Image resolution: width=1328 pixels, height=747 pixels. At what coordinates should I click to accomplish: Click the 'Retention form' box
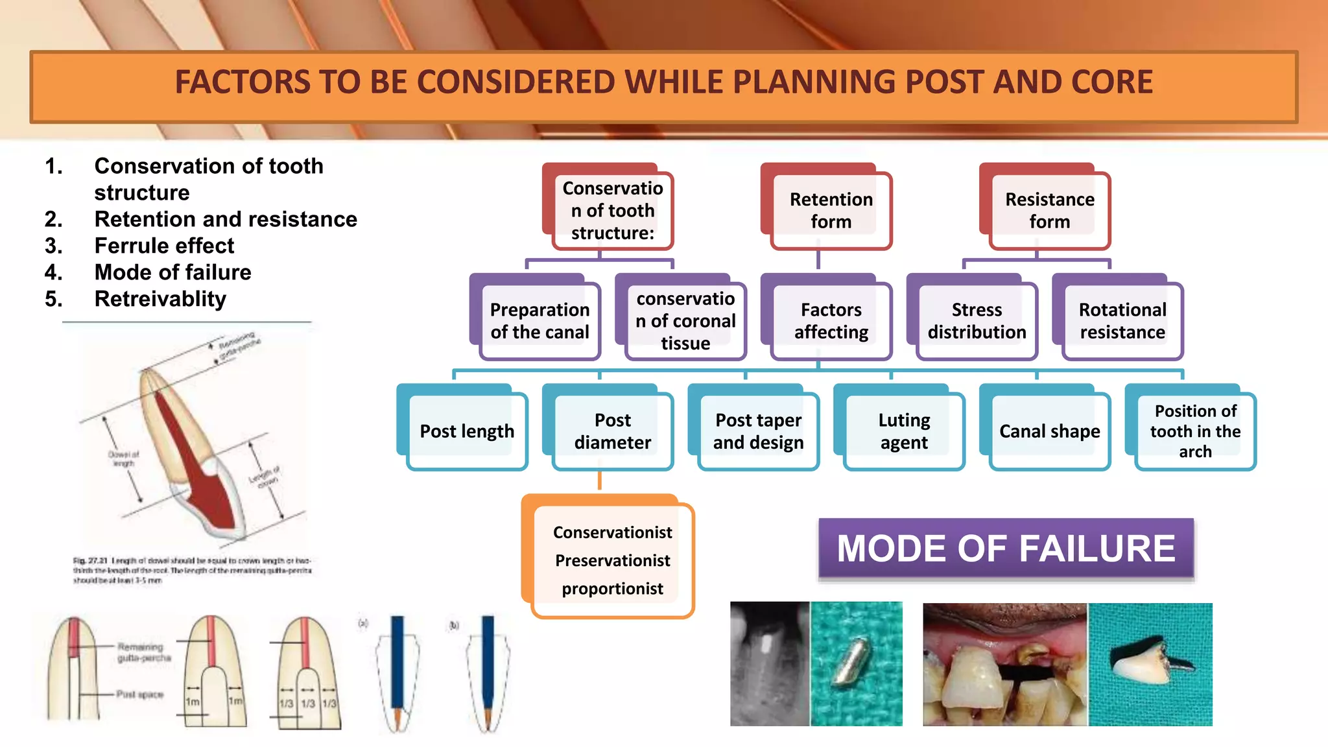(831, 210)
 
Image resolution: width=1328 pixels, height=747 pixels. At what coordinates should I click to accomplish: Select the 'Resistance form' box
(1049, 210)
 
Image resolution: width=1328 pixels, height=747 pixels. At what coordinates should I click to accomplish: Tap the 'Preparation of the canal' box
(539, 321)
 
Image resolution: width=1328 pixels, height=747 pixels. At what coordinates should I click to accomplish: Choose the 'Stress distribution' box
(977, 321)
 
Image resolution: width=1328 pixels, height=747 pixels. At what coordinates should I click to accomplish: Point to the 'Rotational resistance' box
(1122, 321)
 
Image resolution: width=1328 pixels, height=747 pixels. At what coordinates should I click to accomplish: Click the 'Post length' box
(467, 431)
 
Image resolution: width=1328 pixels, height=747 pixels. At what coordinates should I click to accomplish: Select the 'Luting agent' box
(904, 431)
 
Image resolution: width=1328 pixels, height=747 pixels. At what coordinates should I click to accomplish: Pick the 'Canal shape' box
(1049, 431)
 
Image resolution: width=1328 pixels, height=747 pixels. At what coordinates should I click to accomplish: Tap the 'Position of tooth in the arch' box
(1195, 431)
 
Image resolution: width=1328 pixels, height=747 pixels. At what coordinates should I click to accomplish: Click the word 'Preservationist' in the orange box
(612, 560)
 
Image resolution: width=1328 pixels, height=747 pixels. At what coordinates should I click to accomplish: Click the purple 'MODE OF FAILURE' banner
(1005, 549)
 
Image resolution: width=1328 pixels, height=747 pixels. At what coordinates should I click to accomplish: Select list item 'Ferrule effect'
(164, 246)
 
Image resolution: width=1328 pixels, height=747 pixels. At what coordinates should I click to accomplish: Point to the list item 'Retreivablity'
(160, 299)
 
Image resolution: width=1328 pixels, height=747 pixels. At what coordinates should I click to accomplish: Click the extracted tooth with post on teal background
(1148, 664)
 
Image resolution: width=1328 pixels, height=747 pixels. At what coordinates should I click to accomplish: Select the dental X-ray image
(770, 663)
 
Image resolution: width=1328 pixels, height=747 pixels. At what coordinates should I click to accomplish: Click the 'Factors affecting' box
(831, 321)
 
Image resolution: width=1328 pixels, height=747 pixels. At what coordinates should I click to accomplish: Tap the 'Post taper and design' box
(758, 431)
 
